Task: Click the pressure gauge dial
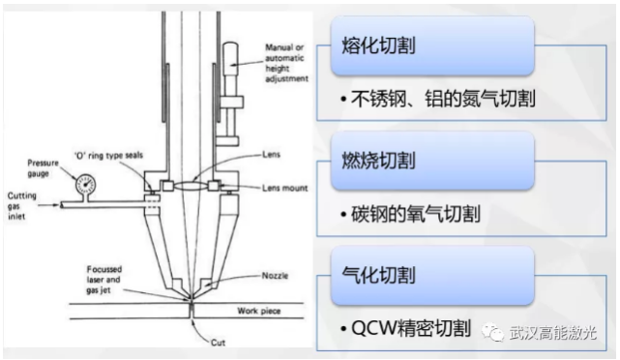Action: (85, 184)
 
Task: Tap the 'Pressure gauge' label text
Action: (43, 168)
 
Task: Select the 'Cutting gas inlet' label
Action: (21, 206)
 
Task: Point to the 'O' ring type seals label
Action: (108, 156)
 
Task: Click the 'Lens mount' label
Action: (284, 188)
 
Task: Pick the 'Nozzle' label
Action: (275, 276)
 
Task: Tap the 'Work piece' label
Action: (259, 311)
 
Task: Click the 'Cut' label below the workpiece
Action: (218, 343)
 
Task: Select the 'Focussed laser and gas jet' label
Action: (104, 280)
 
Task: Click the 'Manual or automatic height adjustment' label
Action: (286, 63)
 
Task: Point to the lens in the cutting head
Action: (192, 185)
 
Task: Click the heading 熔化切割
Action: (378, 45)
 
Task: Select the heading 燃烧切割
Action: (378, 161)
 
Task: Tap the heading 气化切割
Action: (378, 275)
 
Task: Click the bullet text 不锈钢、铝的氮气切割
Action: (443, 99)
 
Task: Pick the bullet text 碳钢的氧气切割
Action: (416, 214)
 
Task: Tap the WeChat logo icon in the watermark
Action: (492, 332)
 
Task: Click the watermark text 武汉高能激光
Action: (552, 333)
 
